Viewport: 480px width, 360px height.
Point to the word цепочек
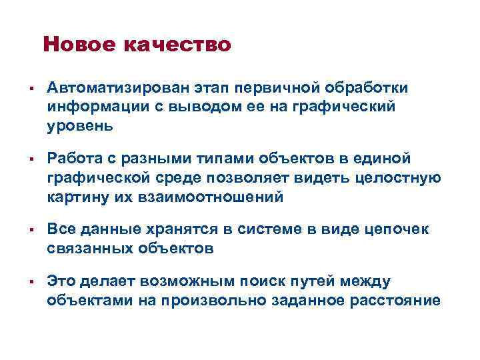click(x=399, y=230)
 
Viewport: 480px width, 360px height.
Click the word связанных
click(x=90, y=249)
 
